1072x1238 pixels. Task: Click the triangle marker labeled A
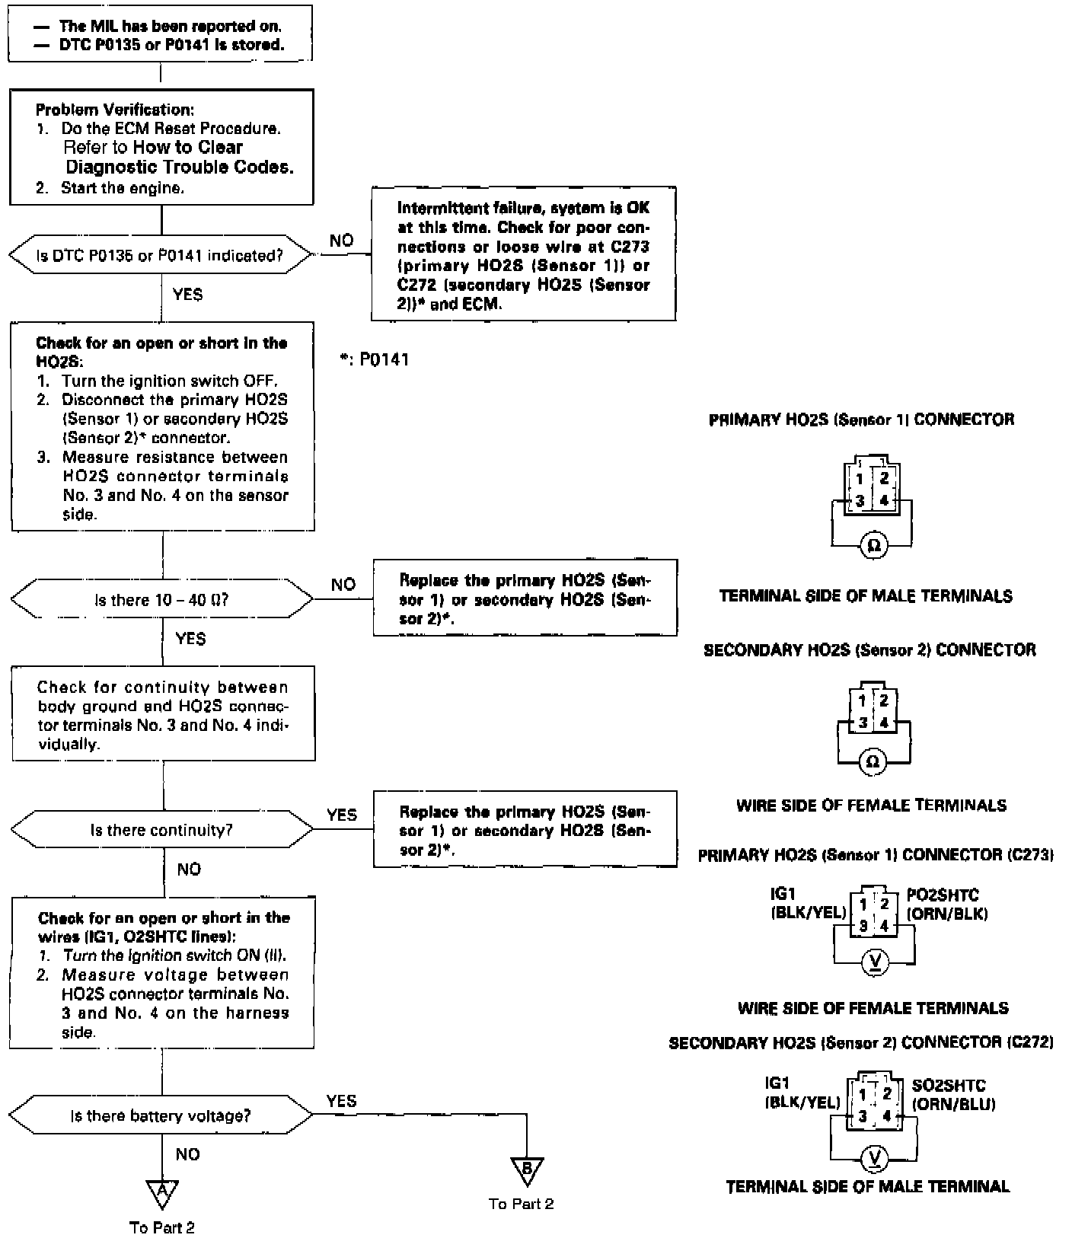click(162, 1194)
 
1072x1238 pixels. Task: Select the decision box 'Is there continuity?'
click(161, 830)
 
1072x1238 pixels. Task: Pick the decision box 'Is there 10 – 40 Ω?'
click(161, 600)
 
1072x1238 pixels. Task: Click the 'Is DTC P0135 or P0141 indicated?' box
click(160, 256)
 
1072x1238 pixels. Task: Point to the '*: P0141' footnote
click(375, 359)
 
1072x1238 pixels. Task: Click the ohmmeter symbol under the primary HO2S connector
click(874, 546)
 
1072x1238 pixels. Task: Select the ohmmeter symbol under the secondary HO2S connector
click(873, 761)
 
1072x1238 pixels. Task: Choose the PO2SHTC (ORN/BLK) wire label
click(947, 905)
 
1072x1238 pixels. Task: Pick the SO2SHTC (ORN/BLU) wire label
click(954, 1095)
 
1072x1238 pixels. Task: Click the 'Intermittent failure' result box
click(524, 254)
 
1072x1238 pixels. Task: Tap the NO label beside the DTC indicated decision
click(342, 241)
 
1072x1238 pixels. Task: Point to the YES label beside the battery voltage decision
click(341, 1101)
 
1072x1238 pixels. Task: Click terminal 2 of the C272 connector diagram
click(886, 1094)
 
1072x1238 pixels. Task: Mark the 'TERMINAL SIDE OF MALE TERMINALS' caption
click(866, 596)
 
